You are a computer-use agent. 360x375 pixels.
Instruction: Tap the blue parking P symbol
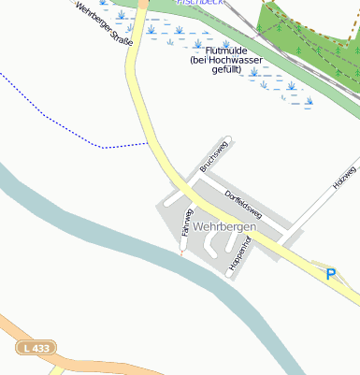pos(329,274)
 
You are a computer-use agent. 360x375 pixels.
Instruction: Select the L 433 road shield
pos(35,348)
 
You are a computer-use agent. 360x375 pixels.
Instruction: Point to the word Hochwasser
pos(238,60)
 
